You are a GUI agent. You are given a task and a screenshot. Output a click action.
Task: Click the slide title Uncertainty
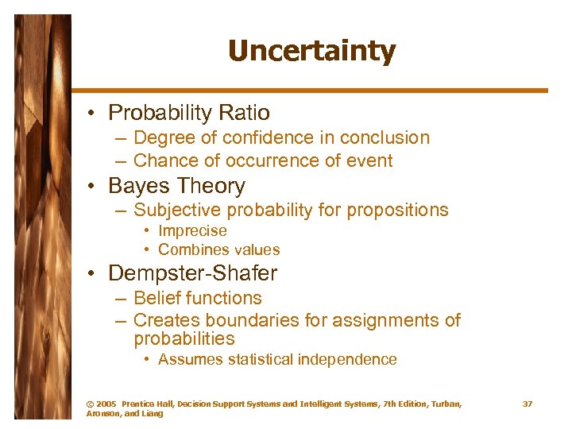(x=311, y=52)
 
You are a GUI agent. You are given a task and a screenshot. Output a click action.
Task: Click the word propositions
(x=396, y=211)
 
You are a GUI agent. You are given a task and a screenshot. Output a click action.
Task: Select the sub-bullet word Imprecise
(x=192, y=231)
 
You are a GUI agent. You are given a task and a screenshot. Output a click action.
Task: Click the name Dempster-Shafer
(x=192, y=274)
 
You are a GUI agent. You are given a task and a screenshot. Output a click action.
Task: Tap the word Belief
(x=155, y=299)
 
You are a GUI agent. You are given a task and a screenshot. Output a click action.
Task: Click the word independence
(x=346, y=359)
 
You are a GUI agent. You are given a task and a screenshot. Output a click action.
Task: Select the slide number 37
(x=528, y=404)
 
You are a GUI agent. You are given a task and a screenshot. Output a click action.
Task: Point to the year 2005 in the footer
(x=106, y=404)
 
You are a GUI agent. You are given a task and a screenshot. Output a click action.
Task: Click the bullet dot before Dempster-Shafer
(x=93, y=274)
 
